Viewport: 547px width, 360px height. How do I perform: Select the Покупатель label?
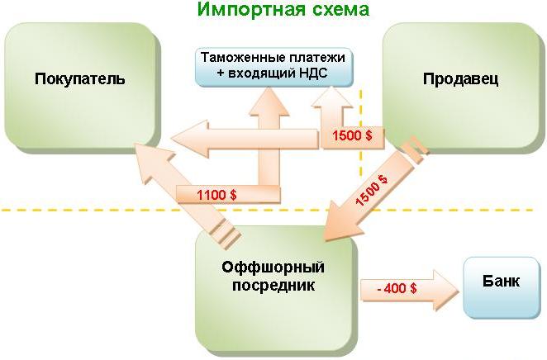tap(80, 79)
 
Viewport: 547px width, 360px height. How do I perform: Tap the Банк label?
tap(501, 282)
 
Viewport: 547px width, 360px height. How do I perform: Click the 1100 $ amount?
tap(216, 195)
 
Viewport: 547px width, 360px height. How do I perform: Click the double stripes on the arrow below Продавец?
tap(412, 149)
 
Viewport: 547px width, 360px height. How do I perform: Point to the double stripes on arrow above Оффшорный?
tap(222, 234)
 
